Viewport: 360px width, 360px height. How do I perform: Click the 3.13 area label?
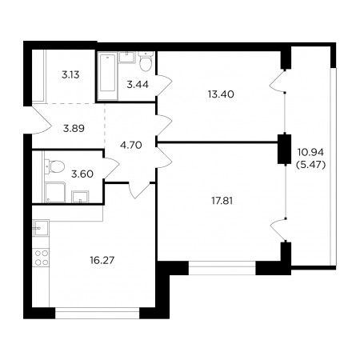tap(70, 75)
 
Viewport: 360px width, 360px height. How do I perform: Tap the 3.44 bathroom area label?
tap(138, 85)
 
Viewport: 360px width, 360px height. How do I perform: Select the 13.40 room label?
tap(221, 94)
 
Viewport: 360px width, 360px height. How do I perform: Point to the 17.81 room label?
tap(222, 201)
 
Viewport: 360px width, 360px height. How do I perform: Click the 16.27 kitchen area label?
tap(102, 260)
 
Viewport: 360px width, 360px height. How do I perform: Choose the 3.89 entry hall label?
tap(74, 129)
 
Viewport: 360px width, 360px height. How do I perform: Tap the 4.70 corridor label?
tap(131, 146)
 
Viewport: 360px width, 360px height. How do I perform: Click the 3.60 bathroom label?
tap(82, 174)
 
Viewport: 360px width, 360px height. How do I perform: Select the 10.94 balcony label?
tap(310, 153)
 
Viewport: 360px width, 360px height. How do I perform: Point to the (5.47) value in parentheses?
tap(311, 166)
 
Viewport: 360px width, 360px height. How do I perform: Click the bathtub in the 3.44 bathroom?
tap(107, 76)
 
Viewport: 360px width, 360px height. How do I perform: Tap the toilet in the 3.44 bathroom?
tap(146, 62)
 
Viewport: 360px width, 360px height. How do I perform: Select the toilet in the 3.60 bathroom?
tap(54, 166)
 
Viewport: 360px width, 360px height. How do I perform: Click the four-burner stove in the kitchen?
tap(42, 258)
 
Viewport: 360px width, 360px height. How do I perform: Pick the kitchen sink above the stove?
tap(41, 228)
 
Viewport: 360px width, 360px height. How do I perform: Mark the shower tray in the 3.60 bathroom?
tap(55, 193)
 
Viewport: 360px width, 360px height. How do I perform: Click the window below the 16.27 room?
tap(98, 313)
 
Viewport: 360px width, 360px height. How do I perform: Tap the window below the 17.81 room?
tap(222, 268)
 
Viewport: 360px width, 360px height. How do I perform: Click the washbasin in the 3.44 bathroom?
tap(126, 58)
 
